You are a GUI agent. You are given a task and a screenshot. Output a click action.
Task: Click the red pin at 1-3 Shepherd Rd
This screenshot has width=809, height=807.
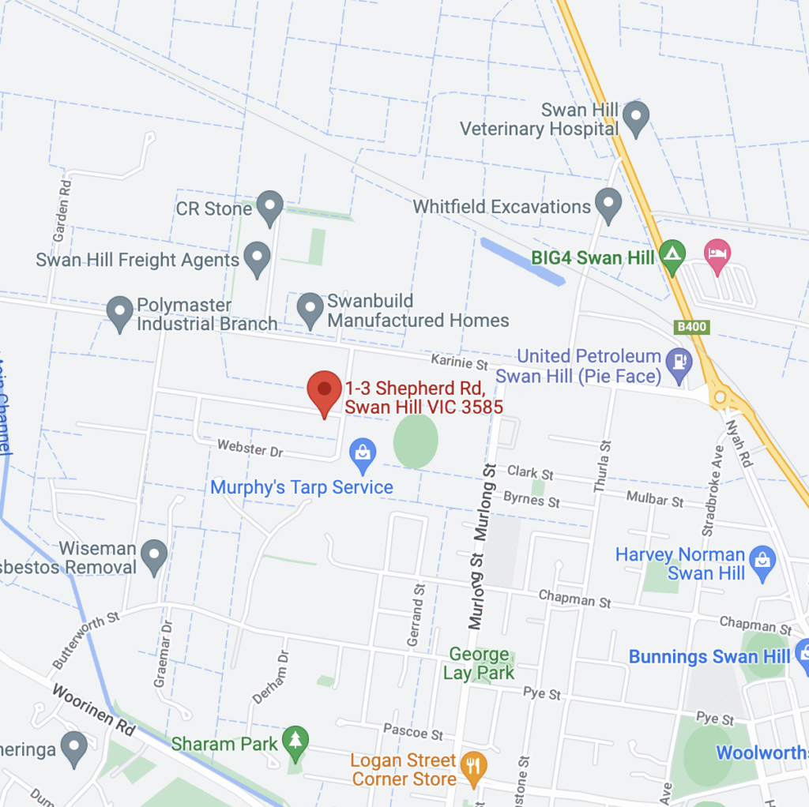[x=324, y=391]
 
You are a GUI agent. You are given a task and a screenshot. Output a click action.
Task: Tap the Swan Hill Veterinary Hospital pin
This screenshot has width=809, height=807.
[x=635, y=117]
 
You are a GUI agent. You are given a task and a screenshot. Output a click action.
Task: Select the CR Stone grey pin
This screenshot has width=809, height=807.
[x=270, y=207]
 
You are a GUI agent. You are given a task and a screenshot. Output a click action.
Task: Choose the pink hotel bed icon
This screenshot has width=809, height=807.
[x=717, y=256]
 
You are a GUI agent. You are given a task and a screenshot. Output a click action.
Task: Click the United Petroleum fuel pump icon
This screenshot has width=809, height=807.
[x=678, y=362]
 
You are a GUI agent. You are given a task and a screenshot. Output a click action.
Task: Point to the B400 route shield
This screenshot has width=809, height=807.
[x=692, y=326]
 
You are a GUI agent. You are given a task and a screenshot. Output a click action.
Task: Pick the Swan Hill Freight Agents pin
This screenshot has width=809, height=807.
[x=256, y=257]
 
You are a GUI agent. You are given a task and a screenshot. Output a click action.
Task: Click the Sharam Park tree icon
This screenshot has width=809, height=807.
[x=295, y=741]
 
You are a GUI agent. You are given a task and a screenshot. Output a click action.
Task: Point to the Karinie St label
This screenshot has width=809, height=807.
[x=460, y=362]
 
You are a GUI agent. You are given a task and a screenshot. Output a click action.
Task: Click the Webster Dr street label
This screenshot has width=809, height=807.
[x=250, y=450]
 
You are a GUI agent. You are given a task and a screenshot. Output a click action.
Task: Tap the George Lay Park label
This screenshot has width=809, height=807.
[x=479, y=663]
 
